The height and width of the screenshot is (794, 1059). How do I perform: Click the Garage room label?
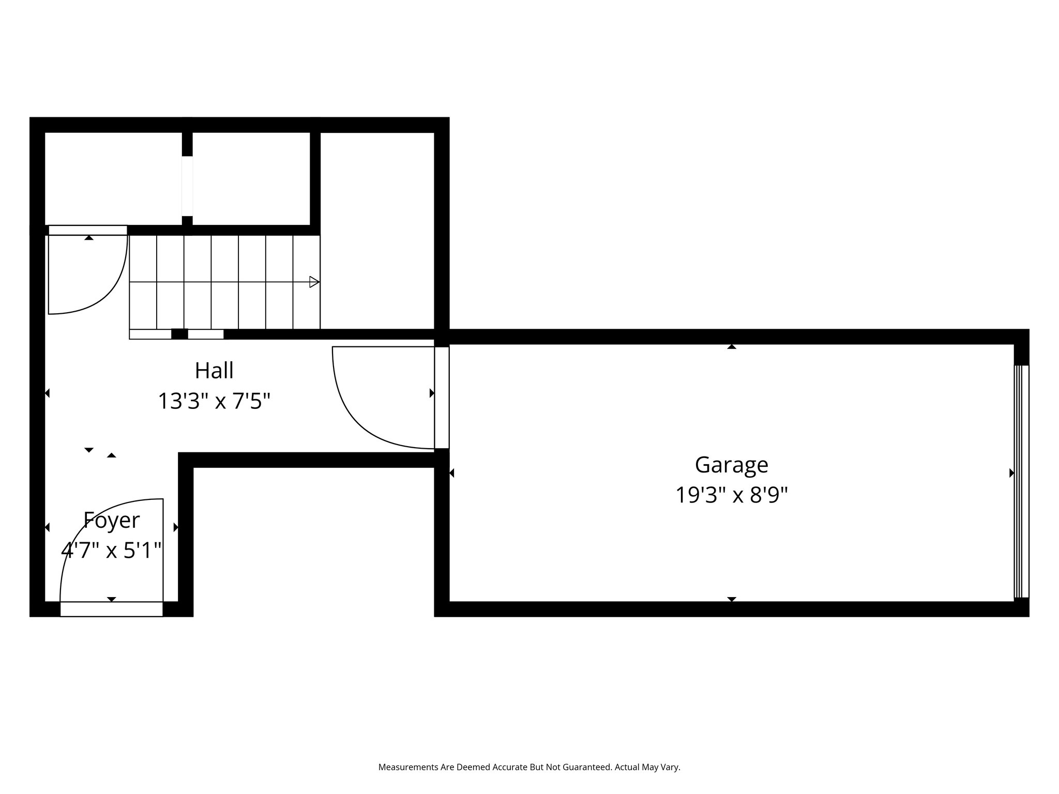click(x=731, y=465)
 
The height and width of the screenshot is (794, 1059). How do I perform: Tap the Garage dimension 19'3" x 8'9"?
click(x=731, y=495)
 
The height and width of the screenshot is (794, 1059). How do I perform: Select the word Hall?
click(x=214, y=370)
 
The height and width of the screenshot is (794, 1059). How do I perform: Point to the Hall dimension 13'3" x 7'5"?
click(x=214, y=401)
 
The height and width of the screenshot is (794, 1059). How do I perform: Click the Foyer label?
click(x=112, y=520)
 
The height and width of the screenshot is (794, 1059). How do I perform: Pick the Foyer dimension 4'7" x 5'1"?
click(x=112, y=551)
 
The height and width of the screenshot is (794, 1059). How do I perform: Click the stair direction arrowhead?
click(x=314, y=282)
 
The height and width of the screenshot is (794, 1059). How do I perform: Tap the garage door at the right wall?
click(x=1021, y=481)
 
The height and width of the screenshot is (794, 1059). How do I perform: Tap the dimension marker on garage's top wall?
click(x=731, y=347)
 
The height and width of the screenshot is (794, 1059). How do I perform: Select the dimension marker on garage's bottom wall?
click(x=731, y=599)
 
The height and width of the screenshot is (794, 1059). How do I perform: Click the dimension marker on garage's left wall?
click(x=452, y=473)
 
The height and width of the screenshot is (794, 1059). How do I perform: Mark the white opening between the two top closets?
click(x=187, y=186)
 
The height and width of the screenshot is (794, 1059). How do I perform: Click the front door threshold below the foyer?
click(x=111, y=609)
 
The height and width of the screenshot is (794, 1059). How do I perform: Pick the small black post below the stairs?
click(x=179, y=334)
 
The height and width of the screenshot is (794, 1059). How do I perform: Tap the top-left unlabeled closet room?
click(x=113, y=178)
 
